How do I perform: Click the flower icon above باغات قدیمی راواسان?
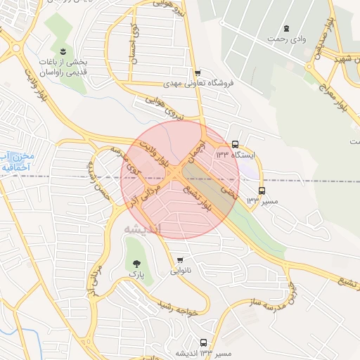pyautogui.click(x=64, y=51)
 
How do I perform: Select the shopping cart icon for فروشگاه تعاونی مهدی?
pyautogui.click(x=198, y=72)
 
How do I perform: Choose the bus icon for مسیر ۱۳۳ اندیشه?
pyautogui.click(x=203, y=342)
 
